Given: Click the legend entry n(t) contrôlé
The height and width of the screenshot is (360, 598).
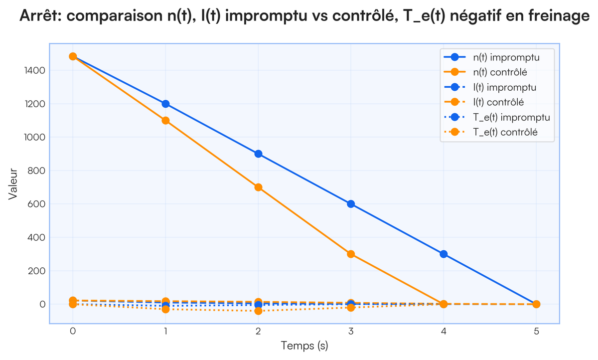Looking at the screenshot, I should (504, 72).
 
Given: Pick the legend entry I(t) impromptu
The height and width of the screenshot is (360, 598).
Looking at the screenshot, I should (504, 87).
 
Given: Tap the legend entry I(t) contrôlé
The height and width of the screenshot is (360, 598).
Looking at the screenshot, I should (503, 102).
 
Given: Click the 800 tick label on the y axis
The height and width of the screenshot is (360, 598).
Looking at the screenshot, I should (37, 171).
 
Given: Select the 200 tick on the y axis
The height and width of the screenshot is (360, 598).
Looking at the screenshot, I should (37, 271).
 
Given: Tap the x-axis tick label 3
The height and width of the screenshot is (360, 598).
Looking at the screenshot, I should (351, 331).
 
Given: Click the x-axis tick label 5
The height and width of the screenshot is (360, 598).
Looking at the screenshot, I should (536, 331).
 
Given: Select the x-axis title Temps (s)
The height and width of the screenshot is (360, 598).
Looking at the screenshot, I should (304, 346).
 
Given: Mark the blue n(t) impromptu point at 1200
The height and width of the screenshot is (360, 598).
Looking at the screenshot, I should (165, 104).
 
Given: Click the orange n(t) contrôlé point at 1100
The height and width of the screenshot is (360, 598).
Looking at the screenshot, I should (165, 120).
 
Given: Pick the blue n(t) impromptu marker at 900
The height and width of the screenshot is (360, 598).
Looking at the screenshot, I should (258, 154).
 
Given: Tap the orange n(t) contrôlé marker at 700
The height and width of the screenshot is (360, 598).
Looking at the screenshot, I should (258, 187).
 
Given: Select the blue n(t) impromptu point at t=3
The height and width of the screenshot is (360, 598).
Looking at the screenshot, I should (351, 204).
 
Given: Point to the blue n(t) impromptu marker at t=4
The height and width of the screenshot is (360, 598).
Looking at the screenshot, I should (444, 254).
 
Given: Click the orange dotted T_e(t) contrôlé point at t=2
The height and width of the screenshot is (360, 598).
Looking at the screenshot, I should (258, 311).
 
